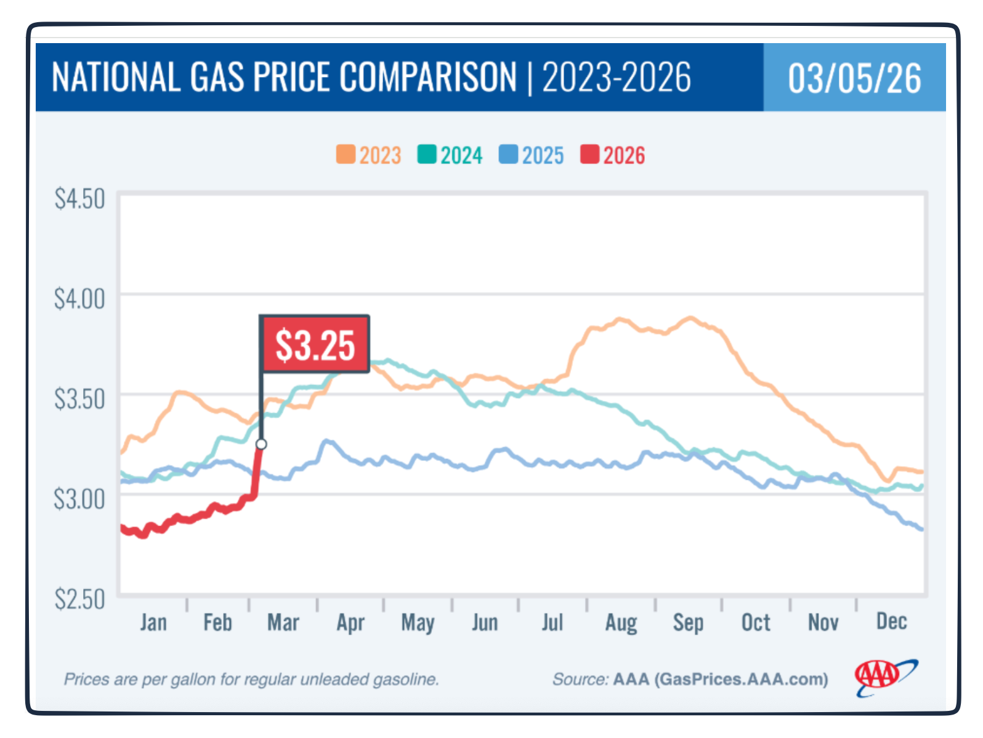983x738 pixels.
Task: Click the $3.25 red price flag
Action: coord(315,344)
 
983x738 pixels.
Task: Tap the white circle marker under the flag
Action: coord(261,444)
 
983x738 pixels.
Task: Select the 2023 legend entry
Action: coord(369,155)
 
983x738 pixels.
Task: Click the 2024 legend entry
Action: coord(450,155)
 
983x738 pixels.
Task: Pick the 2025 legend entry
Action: coord(532,155)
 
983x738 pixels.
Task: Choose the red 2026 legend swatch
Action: coord(589,155)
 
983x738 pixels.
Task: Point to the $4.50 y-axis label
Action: coord(79,199)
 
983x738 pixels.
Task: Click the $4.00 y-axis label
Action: coord(79,299)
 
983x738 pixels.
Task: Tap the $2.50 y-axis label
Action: coord(79,599)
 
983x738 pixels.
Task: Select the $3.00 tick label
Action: coord(79,499)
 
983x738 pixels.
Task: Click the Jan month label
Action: coord(153,622)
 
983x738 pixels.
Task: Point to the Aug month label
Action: coord(621,623)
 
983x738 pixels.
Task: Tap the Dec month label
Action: coord(891,621)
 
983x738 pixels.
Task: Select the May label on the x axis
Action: coord(418,623)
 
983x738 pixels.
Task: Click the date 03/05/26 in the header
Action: coord(854,78)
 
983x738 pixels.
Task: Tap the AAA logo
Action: coord(884,677)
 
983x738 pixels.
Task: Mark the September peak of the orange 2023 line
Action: coord(690,318)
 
